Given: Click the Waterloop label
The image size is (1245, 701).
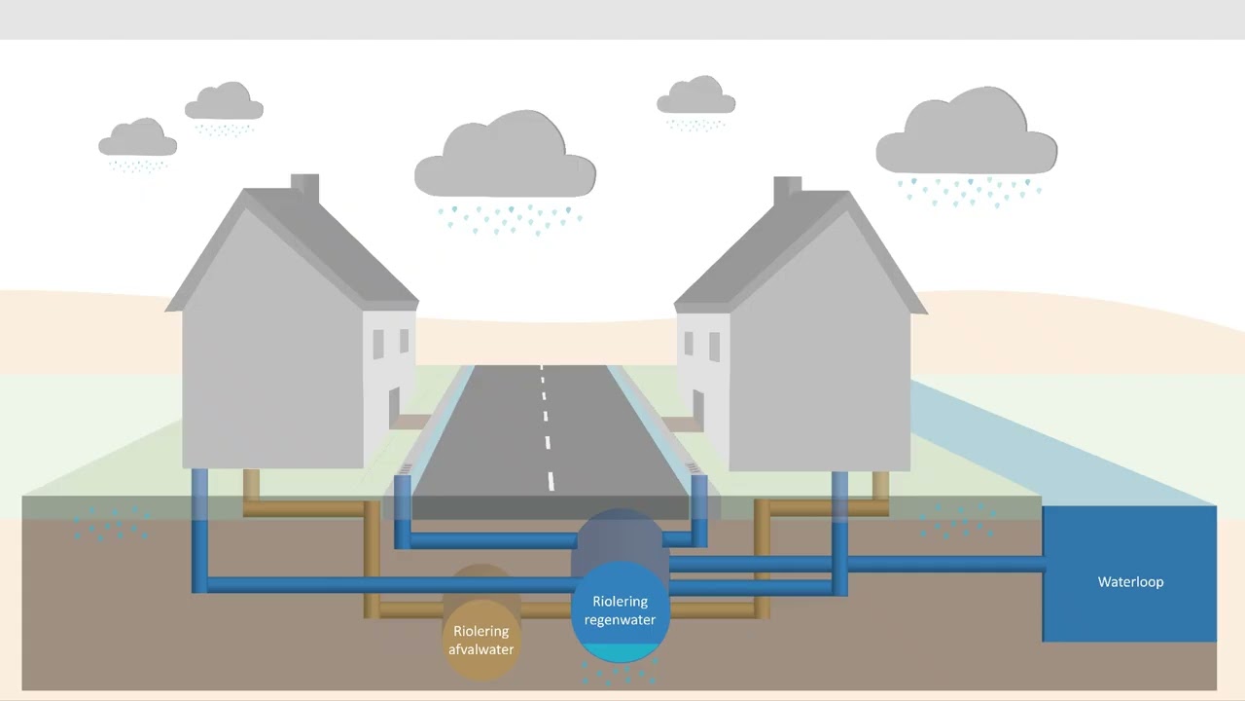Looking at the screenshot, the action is coord(1130,582).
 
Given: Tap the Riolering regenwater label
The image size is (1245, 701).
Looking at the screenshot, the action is coord(620,610).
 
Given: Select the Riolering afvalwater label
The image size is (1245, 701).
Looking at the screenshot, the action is coord(480,641).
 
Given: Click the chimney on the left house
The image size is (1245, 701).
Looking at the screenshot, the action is coord(305,188).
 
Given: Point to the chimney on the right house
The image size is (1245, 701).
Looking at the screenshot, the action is coord(788,191).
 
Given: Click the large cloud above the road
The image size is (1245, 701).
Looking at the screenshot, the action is coord(505,155).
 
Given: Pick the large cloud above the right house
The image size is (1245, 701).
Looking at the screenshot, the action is coord(967,131).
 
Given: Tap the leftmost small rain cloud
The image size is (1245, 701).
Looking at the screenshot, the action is coord(138,137).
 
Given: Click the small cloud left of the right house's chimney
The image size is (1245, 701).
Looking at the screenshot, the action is coord(695,95).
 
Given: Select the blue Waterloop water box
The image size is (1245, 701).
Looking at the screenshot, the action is coord(1129,573).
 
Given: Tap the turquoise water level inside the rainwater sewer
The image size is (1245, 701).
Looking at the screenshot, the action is coord(621,652).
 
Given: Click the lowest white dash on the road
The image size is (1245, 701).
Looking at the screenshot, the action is coord(551,481).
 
